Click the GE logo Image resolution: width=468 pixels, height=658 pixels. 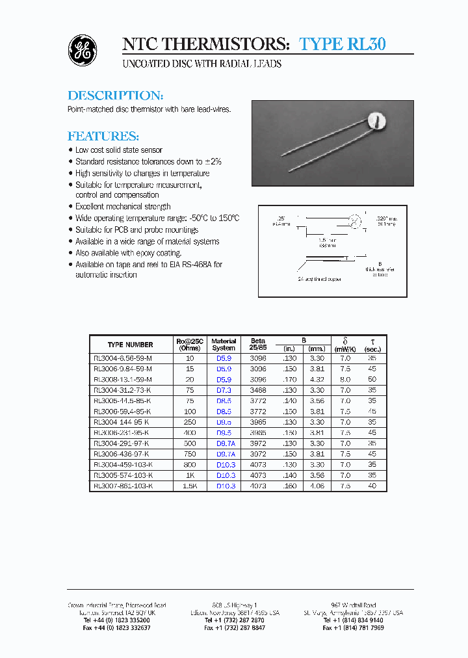point(83,50)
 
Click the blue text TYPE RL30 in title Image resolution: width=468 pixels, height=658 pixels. point(343,44)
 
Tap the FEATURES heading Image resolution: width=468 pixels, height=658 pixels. point(103,137)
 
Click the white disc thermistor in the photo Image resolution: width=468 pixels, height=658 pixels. point(377,120)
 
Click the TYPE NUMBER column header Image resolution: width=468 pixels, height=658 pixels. point(131,345)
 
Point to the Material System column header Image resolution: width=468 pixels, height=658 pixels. point(224,345)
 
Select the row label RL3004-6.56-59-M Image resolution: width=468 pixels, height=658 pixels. point(123,358)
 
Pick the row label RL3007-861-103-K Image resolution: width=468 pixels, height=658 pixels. point(123,486)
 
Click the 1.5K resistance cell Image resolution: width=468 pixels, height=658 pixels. point(189,486)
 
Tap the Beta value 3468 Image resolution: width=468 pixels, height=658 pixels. point(258,389)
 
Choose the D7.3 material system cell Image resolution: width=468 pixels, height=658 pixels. point(224,389)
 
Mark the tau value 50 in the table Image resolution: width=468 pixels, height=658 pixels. point(372,379)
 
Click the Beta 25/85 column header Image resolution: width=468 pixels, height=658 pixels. point(258,345)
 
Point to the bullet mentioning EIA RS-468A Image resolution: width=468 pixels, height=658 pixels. point(149,265)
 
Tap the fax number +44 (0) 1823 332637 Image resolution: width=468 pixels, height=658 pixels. point(117,628)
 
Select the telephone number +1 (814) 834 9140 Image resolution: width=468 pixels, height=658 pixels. point(353,620)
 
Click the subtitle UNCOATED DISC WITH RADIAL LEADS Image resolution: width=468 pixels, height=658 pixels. point(202,64)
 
